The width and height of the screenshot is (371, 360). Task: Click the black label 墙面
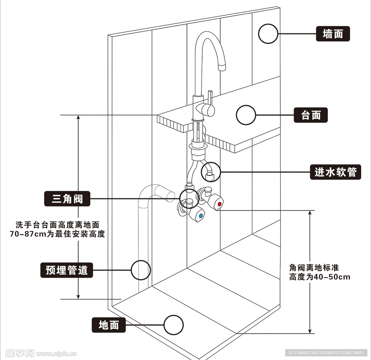click(x=333, y=34)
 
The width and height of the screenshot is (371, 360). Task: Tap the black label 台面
click(x=311, y=115)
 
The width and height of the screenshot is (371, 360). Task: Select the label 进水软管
click(x=335, y=172)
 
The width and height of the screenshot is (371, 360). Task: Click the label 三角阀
click(x=67, y=199)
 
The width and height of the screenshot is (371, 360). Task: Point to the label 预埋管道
click(x=67, y=270)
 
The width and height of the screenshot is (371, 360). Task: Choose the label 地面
click(x=109, y=325)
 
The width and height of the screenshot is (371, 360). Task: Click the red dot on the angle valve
click(x=219, y=204)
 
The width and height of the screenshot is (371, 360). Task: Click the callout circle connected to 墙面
click(x=268, y=34)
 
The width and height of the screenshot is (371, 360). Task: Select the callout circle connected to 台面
click(x=246, y=115)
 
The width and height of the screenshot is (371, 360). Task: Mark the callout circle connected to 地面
click(x=174, y=325)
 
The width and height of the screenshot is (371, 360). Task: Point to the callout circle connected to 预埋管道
click(x=141, y=270)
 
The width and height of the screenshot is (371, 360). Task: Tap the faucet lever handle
click(x=209, y=105)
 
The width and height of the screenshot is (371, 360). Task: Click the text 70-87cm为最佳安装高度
click(x=57, y=234)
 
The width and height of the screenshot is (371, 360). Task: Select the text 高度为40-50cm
click(x=320, y=277)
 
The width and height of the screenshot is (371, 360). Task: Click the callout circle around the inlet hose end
click(x=210, y=172)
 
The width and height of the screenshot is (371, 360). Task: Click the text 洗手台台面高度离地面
click(x=57, y=225)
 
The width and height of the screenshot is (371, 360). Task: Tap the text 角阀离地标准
click(x=314, y=268)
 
